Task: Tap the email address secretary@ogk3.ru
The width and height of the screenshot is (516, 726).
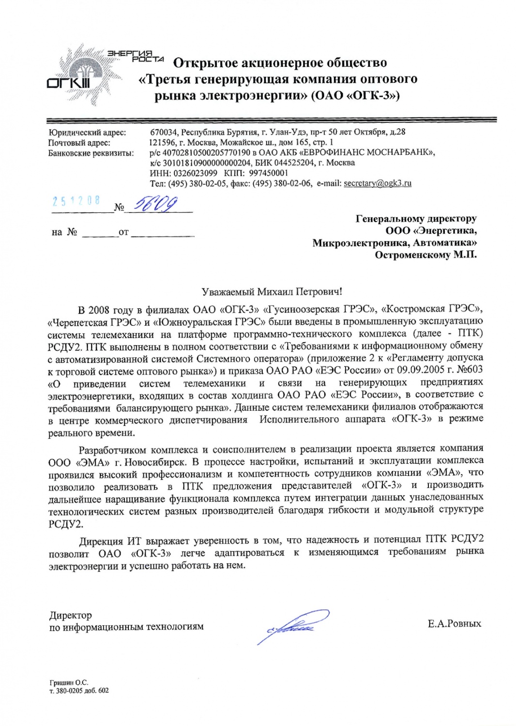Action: click(x=377, y=183)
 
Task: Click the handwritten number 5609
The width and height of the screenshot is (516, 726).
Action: click(x=155, y=204)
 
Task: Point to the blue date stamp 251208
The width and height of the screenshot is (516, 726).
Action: click(x=76, y=201)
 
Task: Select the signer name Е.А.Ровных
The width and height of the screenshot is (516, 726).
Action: click(x=454, y=623)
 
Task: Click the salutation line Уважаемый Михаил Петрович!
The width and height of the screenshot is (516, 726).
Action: click(x=272, y=291)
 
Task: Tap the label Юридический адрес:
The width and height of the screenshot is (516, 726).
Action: click(x=87, y=132)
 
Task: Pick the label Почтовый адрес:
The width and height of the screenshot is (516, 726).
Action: click(x=79, y=143)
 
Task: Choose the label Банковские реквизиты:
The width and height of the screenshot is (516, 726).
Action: click(x=91, y=153)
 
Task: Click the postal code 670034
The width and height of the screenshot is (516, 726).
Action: click(x=164, y=132)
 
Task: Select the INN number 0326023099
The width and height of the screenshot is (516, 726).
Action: click(x=195, y=173)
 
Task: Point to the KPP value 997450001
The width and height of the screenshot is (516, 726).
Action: click(x=269, y=173)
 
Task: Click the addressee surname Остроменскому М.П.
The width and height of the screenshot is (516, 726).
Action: click(x=425, y=255)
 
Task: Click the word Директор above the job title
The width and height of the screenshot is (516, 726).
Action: click(x=71, y=615)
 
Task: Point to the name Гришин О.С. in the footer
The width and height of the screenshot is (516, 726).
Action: click(x=69, y=682)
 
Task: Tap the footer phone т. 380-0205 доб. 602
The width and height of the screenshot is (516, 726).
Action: click(x=79, y=691)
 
